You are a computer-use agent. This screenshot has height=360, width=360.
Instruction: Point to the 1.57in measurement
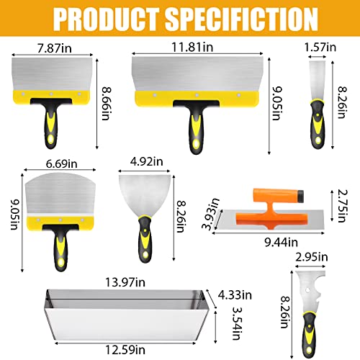coord(320,46)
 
